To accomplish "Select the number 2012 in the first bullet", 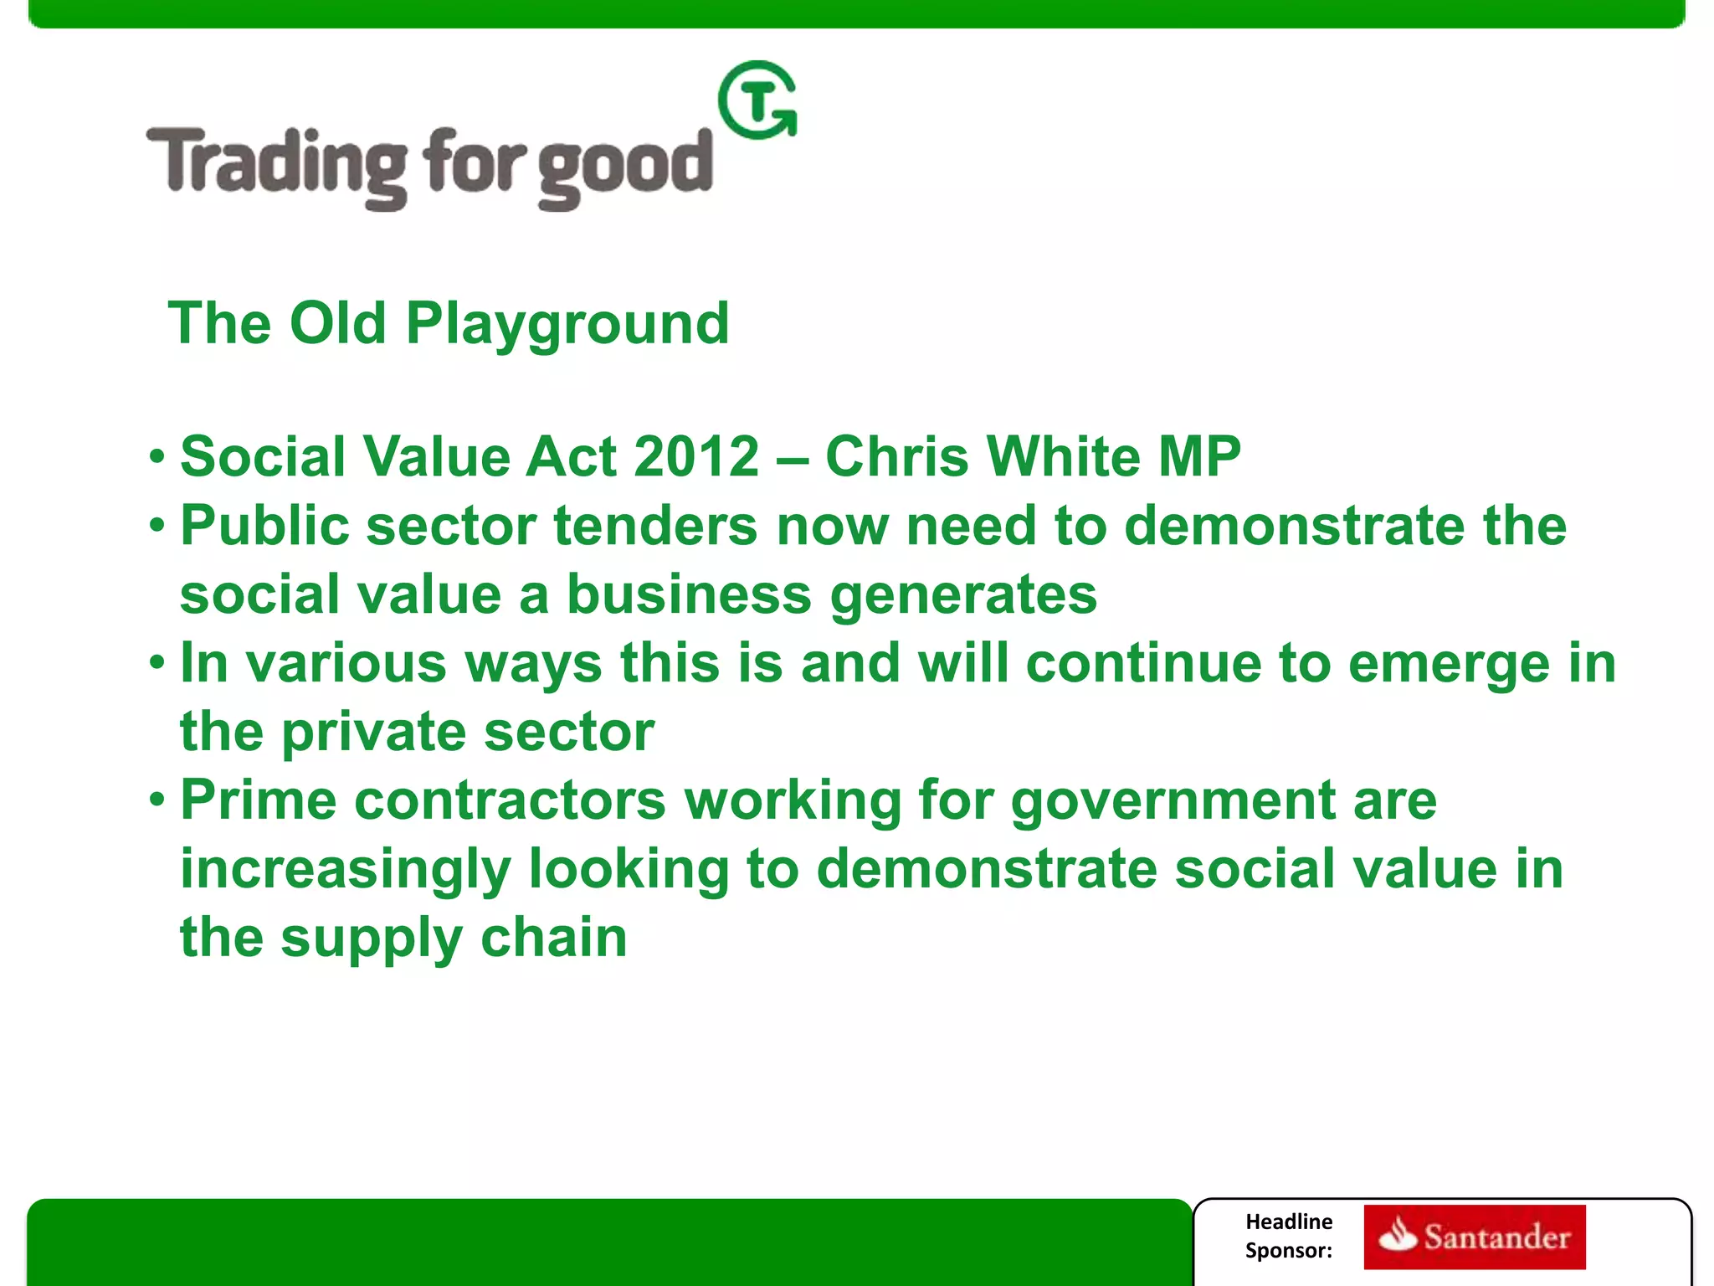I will click(x=696, y=457).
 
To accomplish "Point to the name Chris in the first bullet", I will click(x=895, y=457).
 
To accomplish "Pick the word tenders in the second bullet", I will click(x=655, y=526).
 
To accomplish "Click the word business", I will click(x=689, y=594).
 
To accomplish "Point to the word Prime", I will click(x=258, y=800).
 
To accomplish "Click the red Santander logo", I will click(x=1474, y=1237).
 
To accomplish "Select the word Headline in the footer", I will click(x=1288, y=1222).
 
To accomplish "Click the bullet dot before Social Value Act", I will click(x=157, y=458).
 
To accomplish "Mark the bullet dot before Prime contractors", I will click(x=157, y=801).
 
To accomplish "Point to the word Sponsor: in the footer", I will click(x=1288, y=1251).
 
